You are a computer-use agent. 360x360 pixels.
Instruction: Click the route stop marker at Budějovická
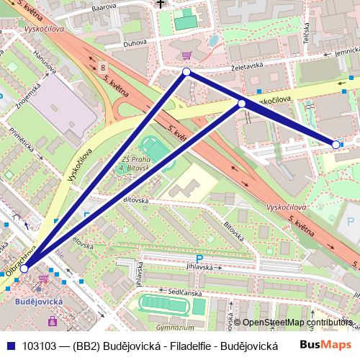(24, 268)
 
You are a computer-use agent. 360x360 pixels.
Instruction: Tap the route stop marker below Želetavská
(186, 72)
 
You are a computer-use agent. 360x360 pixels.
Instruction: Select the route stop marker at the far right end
(336, 145)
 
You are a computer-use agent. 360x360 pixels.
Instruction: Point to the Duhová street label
(135, 42)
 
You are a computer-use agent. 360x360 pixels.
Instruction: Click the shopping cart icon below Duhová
(186, 55)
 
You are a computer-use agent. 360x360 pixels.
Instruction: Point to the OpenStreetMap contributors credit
(297, 323)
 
